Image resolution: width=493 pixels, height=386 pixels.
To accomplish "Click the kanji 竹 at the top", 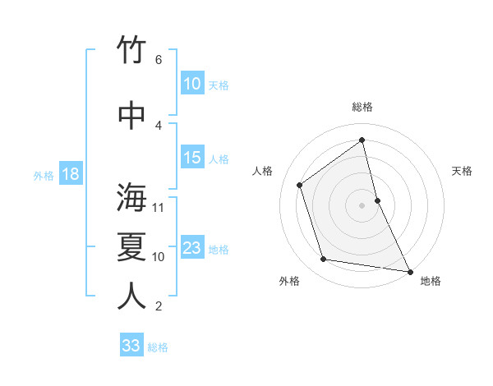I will point(132,50).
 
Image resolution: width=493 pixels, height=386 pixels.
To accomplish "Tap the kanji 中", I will point(132,116).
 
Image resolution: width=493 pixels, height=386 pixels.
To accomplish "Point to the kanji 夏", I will point(132,247).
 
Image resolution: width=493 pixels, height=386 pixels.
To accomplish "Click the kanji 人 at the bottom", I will point(132,296).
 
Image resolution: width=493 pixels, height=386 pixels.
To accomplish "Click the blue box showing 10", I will point(191,84).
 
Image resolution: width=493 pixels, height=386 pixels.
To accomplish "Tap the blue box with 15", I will point(191,158).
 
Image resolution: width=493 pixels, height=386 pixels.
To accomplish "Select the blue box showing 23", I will point(191,248).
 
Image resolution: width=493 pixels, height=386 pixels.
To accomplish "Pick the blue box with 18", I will point(70,174).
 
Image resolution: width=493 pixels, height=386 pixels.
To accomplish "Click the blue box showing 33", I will point(131,346).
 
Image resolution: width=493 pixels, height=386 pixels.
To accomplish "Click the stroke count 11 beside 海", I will point(159,207).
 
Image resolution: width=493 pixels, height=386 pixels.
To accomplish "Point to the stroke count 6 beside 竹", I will point(158,59).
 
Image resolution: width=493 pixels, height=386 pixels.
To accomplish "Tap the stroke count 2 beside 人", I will point(158,306).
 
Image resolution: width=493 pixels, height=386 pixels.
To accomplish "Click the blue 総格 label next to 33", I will point(158,347).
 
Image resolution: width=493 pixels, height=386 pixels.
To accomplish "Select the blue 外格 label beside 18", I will point(43,175).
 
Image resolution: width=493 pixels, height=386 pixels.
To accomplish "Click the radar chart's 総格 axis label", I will point(362,107).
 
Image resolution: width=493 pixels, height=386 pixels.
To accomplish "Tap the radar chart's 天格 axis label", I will point(462,171).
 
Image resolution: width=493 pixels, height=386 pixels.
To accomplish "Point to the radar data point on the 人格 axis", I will point(300,185).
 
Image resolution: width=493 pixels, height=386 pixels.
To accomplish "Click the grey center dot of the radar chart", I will point(362,204).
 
